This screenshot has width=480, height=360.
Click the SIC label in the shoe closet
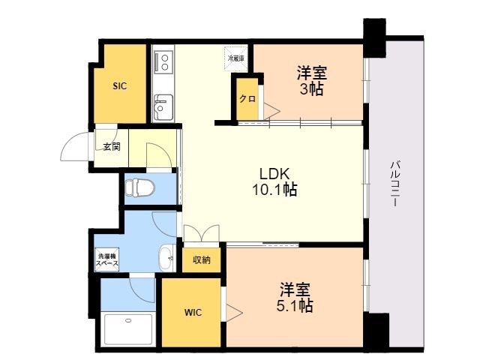click(x=120, y=86)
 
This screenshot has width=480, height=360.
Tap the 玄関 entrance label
click(x=112, y=146)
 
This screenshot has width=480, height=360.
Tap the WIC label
click(x=193, y=312)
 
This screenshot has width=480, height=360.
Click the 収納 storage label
click(x=201, y=260)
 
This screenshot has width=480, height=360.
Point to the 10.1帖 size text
click(x=274, y=190)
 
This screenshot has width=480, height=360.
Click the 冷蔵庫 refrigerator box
click(x=236, y=55)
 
